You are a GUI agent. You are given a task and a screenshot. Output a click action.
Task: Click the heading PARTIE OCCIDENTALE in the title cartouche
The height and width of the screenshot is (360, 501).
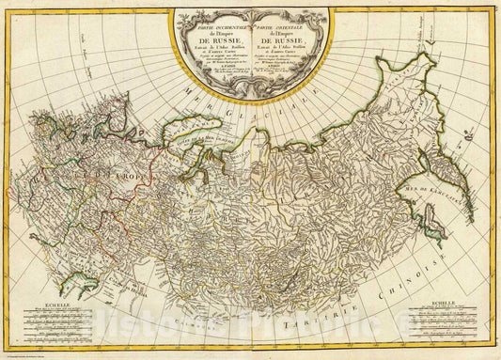click(x=218, y=12)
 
